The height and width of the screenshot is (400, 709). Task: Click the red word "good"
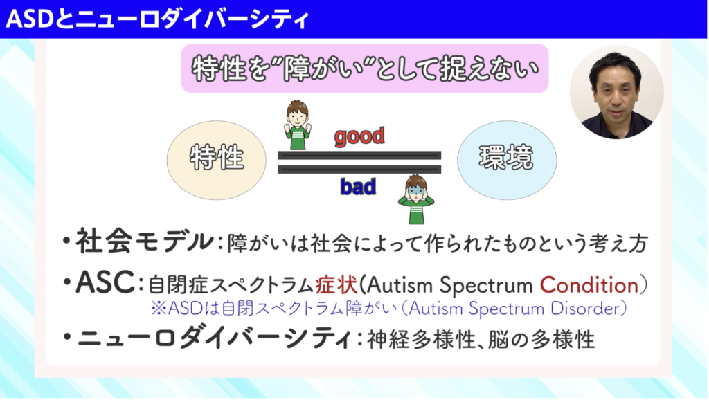click(359, 136)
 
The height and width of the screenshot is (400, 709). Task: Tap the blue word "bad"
click(358, 186)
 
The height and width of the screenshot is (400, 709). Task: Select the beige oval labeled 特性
click(217, 160)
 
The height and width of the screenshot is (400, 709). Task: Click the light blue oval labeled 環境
click(507, 160)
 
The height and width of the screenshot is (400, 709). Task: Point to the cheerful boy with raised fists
click(298, 125)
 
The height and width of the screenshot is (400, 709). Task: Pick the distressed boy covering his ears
click(416, 199)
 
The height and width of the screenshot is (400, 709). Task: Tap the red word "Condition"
click(589, 284)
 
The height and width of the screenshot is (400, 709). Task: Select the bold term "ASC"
click(105, 282)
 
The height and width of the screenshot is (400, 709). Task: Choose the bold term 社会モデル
click(144, 241)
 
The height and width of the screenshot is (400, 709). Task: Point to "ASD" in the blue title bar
click(30, 19)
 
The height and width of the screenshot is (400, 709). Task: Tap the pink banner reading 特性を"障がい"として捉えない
click(365, 69)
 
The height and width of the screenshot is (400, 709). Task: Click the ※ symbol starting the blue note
click(159, 309)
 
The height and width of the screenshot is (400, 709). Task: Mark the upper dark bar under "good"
click(359, 156)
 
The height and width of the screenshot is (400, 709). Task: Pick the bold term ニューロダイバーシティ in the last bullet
click(214, 338)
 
